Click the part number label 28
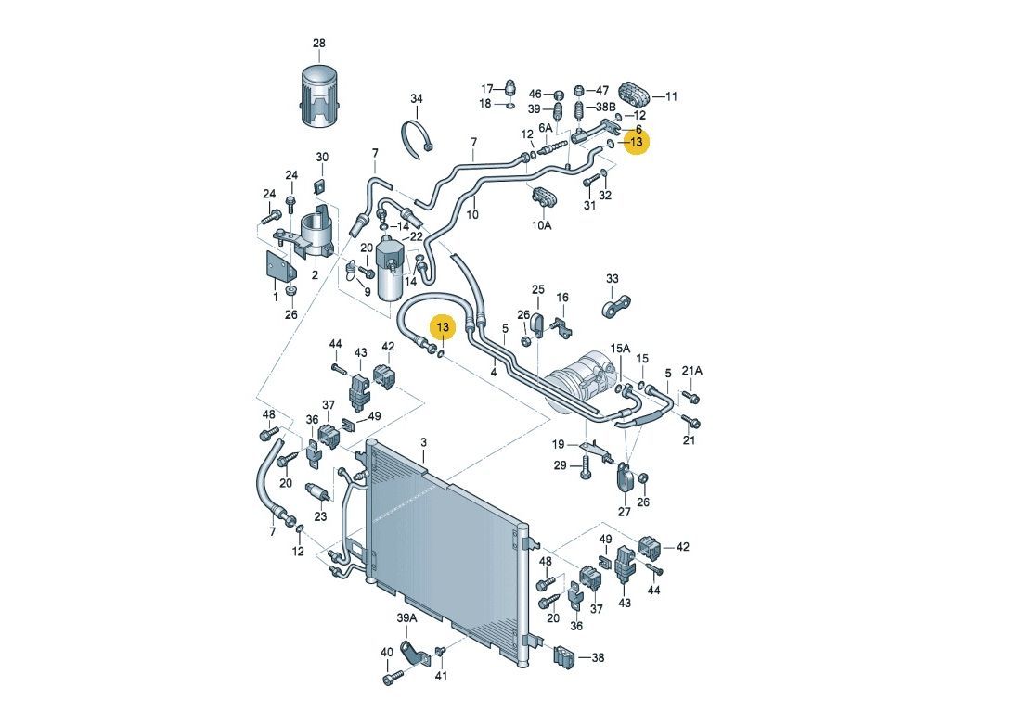(319, 44)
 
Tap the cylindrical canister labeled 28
(319, 95)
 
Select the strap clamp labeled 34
(416, 137)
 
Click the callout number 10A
(541, 225)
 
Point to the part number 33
(613, 278)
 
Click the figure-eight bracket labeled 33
(615, 305)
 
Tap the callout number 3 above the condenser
(424, 442)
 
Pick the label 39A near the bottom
(406, 617)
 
